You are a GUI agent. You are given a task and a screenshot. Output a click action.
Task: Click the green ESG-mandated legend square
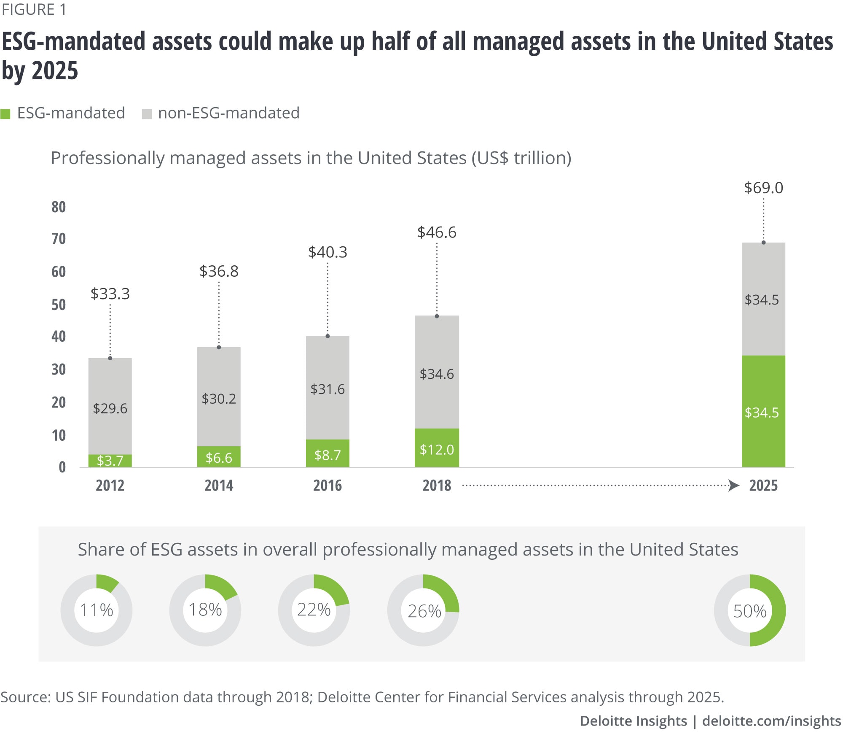tap(5, 114)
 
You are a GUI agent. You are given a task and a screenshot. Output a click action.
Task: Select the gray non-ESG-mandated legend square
tap(147, 114)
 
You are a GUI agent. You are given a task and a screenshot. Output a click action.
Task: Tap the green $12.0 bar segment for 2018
tap(437, 448)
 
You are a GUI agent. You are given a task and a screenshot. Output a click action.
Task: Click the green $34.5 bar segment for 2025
tap(763, 411)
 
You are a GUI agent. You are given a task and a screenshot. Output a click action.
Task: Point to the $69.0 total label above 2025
tap(763, 188)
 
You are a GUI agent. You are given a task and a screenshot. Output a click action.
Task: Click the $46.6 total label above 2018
tap(437, 232)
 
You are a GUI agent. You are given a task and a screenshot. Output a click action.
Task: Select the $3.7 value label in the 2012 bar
tap(110, 460)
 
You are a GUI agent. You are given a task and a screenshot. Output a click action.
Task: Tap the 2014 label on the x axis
tap(219, 486)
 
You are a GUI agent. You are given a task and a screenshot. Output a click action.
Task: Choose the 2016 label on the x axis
tap(328, 486)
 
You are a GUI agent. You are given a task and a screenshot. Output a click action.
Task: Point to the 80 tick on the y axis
tap(59, 207)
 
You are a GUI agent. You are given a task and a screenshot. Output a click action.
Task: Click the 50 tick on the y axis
tap(59, 305)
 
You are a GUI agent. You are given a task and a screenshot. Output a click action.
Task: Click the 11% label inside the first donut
tap(97, 610)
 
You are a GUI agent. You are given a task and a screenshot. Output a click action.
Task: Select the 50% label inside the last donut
tap(750, 611)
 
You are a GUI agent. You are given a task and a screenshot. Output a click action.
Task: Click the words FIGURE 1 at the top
tap(34, 10)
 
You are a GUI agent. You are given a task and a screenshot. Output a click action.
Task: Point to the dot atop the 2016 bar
tap(328, 336)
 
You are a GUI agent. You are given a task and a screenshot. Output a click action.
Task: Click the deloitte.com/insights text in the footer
tap(771, 721)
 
